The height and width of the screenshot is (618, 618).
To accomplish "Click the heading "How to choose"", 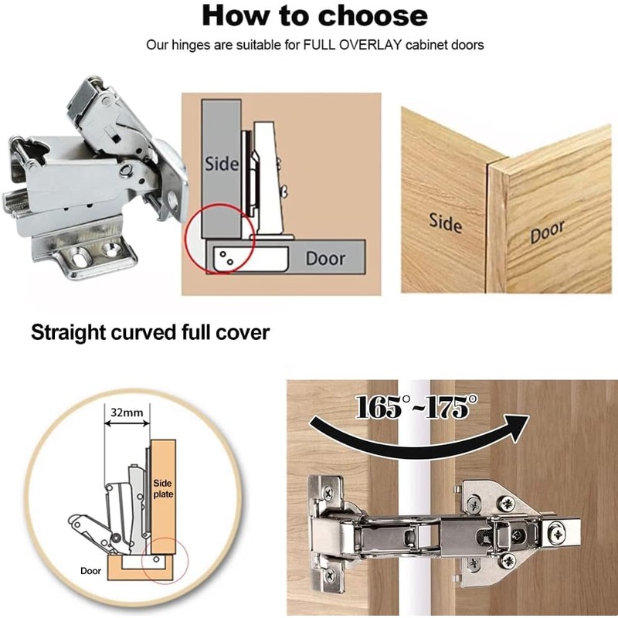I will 314,15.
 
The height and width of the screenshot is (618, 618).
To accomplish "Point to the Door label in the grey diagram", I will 325,258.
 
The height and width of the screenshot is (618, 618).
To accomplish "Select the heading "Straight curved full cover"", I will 150,333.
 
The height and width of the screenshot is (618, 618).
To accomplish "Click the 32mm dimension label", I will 127,413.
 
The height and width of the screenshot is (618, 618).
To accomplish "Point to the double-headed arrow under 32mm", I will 127,425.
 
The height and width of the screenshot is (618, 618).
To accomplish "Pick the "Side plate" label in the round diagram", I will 163,487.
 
